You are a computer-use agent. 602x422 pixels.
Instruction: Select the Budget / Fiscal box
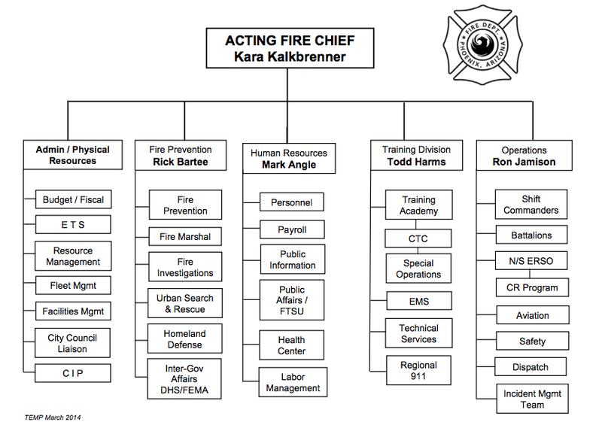pyautogui.click(x=73, y=199)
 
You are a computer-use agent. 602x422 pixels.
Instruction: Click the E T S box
pyautogui.click(x=73, y=224)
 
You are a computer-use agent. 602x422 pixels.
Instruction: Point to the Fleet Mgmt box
pyautogui.click(x=73, y=285)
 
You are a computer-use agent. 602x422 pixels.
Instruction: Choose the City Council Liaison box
pyautogui.click(x=73, y=343)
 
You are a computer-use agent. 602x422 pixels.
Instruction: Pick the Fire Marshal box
pyautogui.click(x=185, y=237)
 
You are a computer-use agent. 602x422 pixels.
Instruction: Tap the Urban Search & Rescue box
pyautogui.click(x=185, y=303)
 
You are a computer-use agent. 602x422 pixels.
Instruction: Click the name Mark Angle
pyautogui.click(x=289, y=164)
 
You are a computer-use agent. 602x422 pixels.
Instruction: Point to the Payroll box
pyautogui.click(x=292, y=229)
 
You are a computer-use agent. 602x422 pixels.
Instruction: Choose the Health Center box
pyautogui.click(x=292, y=345)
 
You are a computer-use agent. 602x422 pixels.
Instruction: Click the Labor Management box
pyautogui.click(x=292, y=383)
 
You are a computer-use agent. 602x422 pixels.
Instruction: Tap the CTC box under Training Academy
pyautogui.click(x=418, y=238)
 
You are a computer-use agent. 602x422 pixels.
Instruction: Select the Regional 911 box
pyautogui.click(x=418, y=371)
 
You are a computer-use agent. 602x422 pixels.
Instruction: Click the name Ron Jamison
pyautogui.click(x=524, y=162)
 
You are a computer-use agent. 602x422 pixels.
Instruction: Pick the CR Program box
pyautogui.click(x=532, y=287)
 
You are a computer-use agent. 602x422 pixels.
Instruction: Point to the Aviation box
pyautogui.click(x=532, y=315)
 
